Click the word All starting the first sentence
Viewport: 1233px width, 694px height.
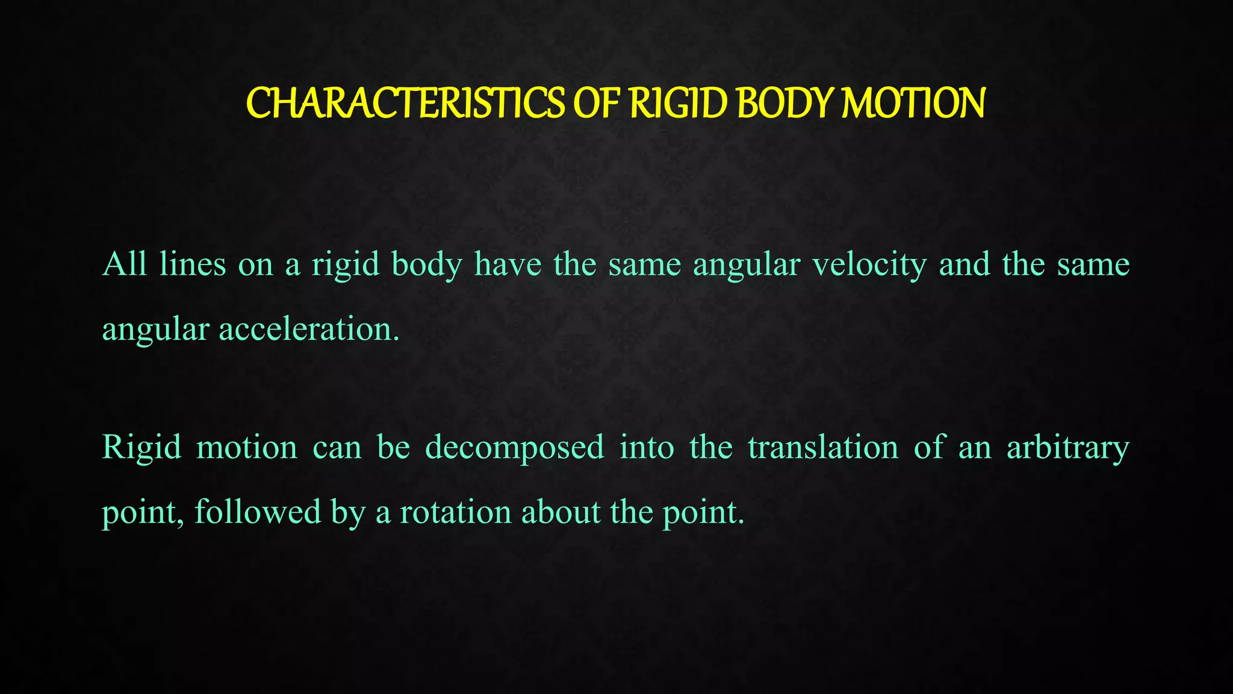coord(125,264)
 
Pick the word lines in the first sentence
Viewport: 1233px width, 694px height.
coord(193,264)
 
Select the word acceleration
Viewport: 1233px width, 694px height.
coord(309,330)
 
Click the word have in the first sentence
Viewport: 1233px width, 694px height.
coord(508,264)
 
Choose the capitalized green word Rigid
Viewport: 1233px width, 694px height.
coord(141,448)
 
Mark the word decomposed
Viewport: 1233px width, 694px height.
coord(515,448)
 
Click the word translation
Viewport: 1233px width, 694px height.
coord(823,448)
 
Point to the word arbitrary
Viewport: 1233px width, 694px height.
coord(1068,448)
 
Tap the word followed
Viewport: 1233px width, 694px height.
coord(258,513)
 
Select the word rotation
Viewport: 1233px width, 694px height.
coord(456,513)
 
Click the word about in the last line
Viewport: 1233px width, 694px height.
coord(561,513)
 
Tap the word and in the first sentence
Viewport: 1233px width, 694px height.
coord(964,264)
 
